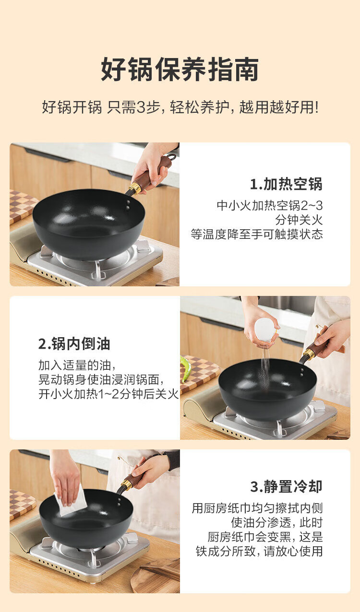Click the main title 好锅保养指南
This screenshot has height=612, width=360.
point(180,69)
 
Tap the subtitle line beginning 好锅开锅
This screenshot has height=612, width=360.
point(180,107)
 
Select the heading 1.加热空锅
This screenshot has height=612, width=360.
point(287,184)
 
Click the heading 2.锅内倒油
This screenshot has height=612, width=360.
point(74,344)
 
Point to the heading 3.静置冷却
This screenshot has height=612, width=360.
point(287,486)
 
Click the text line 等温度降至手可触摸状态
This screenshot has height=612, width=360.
point(257,234)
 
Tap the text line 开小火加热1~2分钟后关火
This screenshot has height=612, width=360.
point(108,394)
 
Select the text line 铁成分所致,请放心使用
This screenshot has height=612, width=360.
point(259,551)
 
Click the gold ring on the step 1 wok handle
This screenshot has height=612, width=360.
point(135,188)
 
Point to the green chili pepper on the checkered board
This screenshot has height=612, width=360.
point(184,368)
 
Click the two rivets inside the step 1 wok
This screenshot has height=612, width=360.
point(128,205)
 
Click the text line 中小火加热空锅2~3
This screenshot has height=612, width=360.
point(270,205)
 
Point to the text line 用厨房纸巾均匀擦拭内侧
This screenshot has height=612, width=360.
point(257,508)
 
